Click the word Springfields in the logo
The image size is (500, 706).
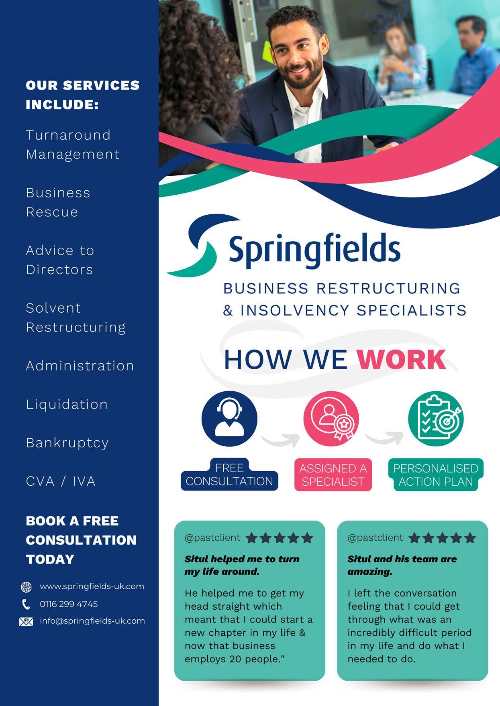[x=314, y=249]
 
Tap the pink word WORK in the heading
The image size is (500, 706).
[x=401, y=359]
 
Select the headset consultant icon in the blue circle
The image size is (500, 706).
[x=229, y=419]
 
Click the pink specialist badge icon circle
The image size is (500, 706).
[x=331, y=419]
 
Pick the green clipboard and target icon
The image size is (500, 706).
[x=436, y=419]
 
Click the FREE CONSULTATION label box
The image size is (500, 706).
[x=229, y=475]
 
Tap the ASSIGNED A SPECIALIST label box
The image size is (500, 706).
[x=333, y=475]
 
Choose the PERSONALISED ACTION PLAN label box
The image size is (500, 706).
[x=436, y=475]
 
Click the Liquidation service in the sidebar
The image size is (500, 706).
[x=67, y=404]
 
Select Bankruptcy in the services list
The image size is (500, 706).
[x=67, y=443]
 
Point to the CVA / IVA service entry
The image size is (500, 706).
[x=61, y=481]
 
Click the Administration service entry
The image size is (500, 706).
[x=80, y=366]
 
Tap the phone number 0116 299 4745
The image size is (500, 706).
[x=69, y=604]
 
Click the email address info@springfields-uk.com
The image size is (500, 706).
[x=92, y=621]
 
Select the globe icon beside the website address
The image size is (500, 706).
[x=26, y=587]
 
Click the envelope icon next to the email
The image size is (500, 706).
[x=26, y=622]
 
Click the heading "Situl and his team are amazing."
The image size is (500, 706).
[x=402, y=565]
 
